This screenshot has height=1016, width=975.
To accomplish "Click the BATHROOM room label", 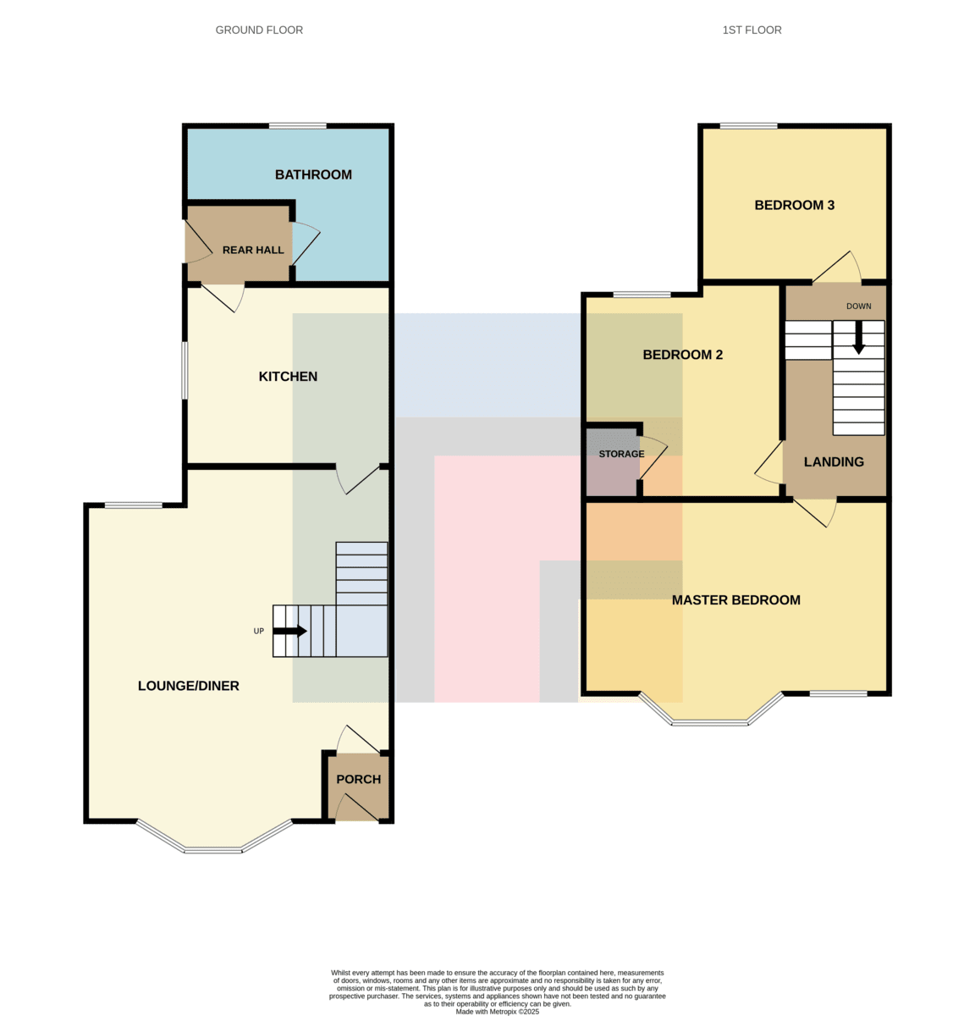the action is (313, 174).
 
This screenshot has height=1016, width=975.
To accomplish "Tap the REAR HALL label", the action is (253, 250).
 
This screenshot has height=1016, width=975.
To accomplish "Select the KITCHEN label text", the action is (288, 377).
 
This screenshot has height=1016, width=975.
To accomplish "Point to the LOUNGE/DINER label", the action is (189, 686).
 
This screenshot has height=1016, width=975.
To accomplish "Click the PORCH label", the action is (359, 780).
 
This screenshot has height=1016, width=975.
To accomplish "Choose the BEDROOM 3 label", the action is (795, 205).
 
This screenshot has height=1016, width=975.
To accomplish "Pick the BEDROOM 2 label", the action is (683, 355).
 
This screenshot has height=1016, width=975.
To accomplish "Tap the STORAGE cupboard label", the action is (621, 454).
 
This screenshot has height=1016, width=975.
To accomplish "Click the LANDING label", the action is (834, 462).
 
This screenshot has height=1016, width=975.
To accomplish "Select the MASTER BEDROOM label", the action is (736, 600).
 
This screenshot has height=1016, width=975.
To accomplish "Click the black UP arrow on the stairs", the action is (289, 632).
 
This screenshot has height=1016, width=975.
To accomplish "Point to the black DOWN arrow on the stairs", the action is (858, 338).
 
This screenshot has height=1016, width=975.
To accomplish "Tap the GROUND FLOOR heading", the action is (260, 30).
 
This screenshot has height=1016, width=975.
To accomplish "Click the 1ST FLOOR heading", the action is (752, 30).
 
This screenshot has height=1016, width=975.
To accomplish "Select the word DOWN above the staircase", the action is (858, 306).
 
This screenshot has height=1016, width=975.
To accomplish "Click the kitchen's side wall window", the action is (185, 371).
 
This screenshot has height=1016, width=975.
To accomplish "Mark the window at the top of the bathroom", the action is (298, 126).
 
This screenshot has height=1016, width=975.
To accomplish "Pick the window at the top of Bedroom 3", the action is (748, 126).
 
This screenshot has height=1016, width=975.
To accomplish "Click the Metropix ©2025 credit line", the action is (498, 1011).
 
